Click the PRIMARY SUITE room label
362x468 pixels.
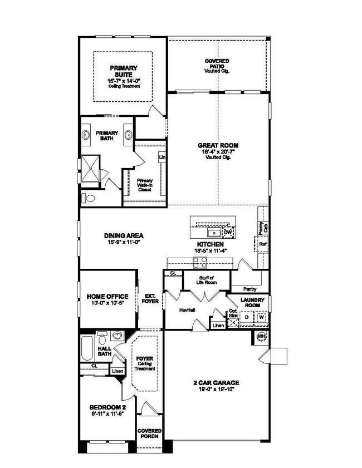[123, 71]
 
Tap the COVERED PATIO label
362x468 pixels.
[217, 62]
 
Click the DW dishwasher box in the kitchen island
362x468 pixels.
[227, 231]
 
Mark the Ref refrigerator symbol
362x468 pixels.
[262, 243]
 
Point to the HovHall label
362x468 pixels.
[186, 310]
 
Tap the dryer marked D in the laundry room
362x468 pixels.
[247, 318]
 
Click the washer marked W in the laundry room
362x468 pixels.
[261, 318]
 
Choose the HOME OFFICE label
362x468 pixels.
[107, 296]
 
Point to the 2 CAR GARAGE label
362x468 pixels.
[217, 382]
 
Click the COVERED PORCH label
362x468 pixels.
[150, 433]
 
